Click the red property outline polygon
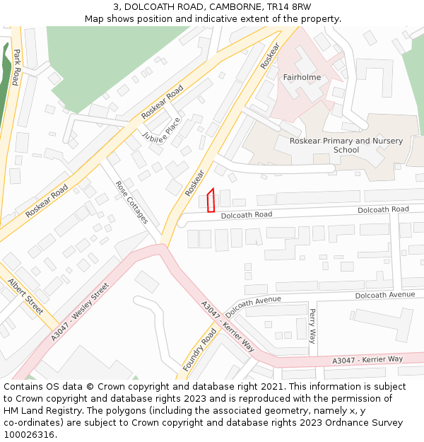tap(211, 200)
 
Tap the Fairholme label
tap(302, 77)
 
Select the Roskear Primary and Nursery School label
tap(346, 145)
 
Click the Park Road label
tap(16, 67)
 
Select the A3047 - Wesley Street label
tap(80, 312)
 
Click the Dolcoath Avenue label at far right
tap(385, 294)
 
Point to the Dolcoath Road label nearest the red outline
tap(246, 214)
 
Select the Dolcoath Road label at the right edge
tap(383, 209)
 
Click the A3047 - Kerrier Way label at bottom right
tap(367, 360)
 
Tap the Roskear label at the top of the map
tap(270, 55)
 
